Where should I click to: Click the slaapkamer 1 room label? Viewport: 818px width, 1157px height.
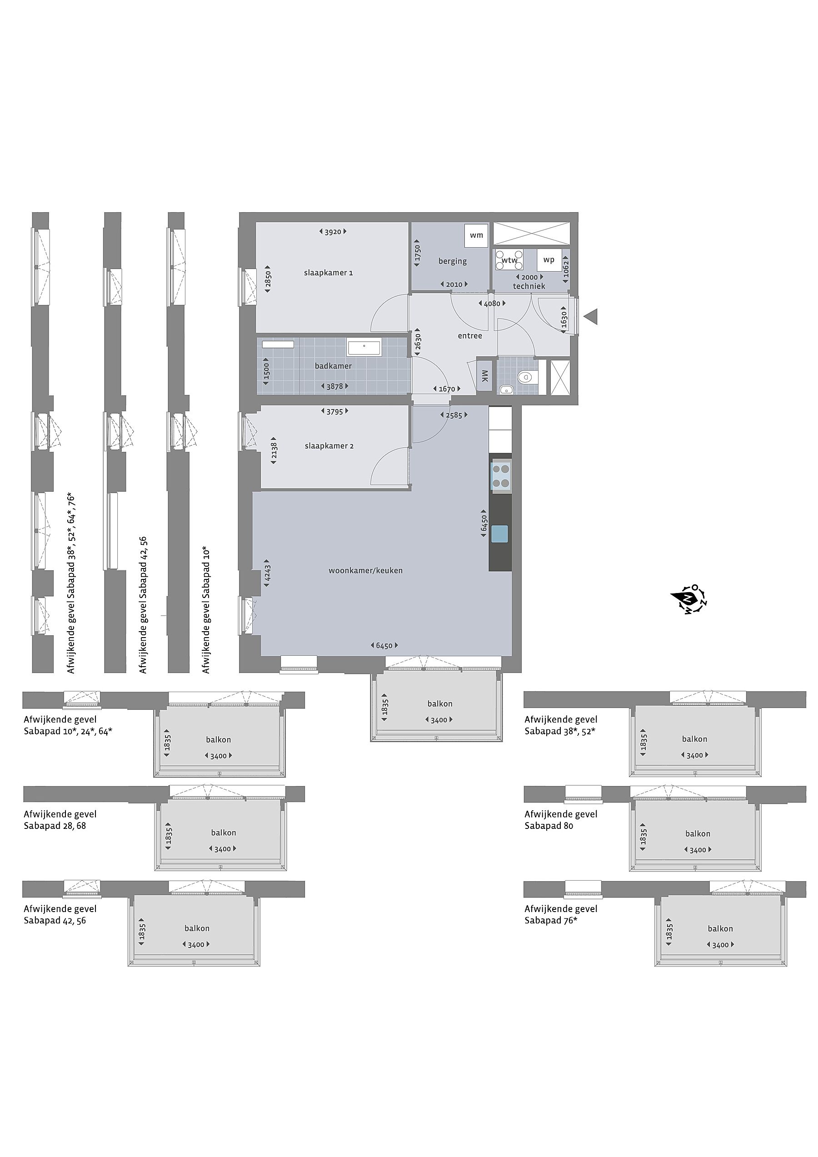click(x=328, y=273)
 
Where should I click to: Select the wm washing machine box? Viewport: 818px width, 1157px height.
click(x=476, y=235)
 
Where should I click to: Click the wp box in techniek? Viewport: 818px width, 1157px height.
click(x=549, y=260)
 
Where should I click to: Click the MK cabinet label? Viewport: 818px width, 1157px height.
click(x=484, y=376)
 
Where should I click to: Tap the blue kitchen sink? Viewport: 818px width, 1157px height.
click(x=500, y=533)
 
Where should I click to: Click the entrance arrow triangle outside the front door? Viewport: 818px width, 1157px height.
click(x=591, y=317)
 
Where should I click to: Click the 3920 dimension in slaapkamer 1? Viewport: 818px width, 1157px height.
click(x=333, y=232)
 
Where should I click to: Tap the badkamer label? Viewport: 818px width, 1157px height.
click(x=333, y=366)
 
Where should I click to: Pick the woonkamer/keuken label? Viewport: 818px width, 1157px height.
click(x=365, y=570)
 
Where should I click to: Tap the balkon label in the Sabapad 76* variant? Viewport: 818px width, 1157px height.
click(x=720, y=928)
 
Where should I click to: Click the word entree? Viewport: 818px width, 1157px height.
click(x=470, y=336)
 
